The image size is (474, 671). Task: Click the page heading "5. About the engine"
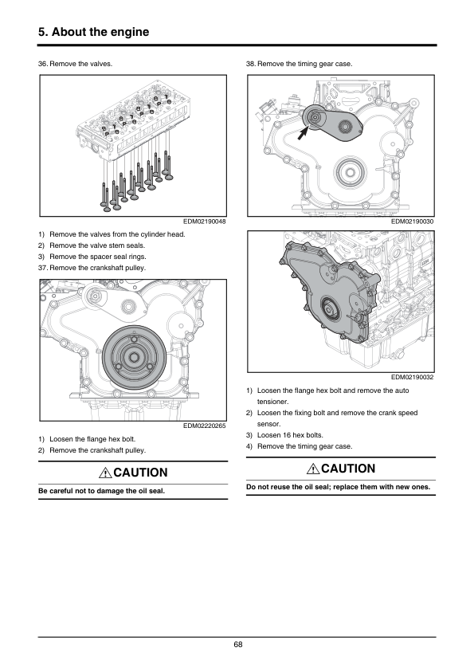(x=94, y=32)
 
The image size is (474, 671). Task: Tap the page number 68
(x=238, y=645)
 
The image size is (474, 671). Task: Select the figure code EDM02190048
(x=205, y=222)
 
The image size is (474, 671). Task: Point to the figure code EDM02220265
(x=205, y=426)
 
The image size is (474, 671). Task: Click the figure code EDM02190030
(x=413, y=222)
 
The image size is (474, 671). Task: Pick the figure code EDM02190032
(x=413, y=377)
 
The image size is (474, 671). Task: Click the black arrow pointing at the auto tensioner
(x=304, y=133)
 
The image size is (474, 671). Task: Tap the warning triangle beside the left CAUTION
(x=105, y=473)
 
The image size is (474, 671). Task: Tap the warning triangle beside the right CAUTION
(x=313, y=469)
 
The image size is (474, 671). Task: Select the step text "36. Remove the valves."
(x=76, y=64)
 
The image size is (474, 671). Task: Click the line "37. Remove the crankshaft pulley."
(x=92, y=268)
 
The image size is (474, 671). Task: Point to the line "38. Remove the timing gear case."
(x=299, y=64)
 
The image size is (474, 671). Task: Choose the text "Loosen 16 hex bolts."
(x=290, y=435)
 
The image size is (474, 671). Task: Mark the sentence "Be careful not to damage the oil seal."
(x=101, y=491)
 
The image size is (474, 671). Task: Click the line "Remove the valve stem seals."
(x=97, y=245)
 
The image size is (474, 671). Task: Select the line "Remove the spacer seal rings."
(x=98, y=257)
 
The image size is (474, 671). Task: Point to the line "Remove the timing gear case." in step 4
(x=304, y=446)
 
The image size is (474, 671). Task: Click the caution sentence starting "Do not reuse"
(x=338, y=487)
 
